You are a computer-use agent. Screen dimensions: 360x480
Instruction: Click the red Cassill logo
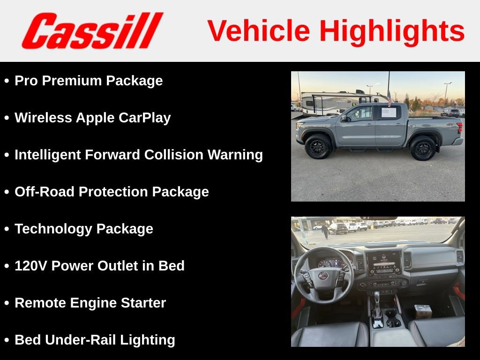click(x=92, y=31)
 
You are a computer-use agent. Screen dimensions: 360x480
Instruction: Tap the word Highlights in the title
click(x=392, y=31)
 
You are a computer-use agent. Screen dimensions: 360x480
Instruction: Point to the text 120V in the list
click(x=31, y=266)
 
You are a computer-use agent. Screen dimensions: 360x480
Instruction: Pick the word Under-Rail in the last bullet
click(x=82, y=340)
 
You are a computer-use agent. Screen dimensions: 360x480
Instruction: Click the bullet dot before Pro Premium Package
click(x=7, y=81)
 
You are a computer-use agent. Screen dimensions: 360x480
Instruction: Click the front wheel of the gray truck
click(x=318, y=147)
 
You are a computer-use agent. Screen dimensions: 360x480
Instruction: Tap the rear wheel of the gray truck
click(x=423, y=148)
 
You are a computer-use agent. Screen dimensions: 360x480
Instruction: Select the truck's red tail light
click(x=460, y=127)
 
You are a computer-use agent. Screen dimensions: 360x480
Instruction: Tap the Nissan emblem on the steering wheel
click(x=323, y=276)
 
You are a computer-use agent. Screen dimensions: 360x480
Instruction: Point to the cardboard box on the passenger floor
click(x=423, y=311)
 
